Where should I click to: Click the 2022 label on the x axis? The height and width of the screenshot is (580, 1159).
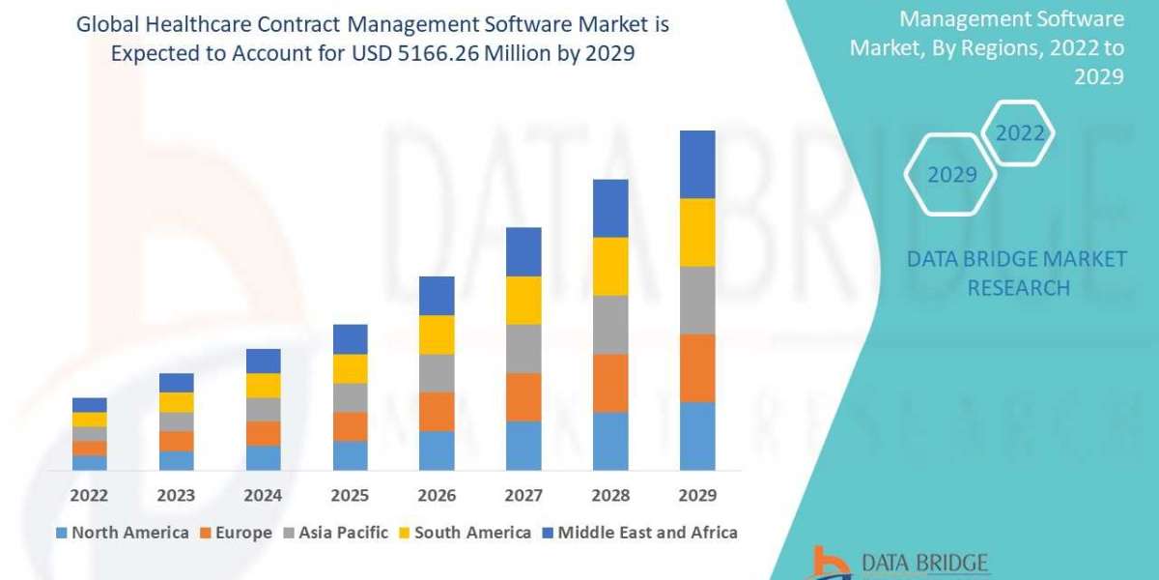coord(89,496)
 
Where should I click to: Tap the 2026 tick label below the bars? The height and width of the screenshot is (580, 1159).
coord(437,496)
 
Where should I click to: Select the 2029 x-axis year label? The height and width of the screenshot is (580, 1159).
coord(697,496)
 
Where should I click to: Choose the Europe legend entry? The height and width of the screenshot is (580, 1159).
coord(237,533)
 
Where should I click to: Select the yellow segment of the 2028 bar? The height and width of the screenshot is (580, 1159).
coord(610,266)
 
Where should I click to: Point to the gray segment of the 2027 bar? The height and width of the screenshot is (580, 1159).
coord(523,348)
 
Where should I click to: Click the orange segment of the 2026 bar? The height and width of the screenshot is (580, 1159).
coord(437,411)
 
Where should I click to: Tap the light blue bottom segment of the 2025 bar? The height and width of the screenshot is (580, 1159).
coord(350,455)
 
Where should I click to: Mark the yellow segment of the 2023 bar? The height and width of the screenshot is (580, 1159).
coord(176,402)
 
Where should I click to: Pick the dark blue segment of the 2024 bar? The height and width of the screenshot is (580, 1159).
coord(263,361)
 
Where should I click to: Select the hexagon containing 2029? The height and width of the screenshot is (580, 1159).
coord(951,175)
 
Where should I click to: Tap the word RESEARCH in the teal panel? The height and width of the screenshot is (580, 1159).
coord(1018,288)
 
